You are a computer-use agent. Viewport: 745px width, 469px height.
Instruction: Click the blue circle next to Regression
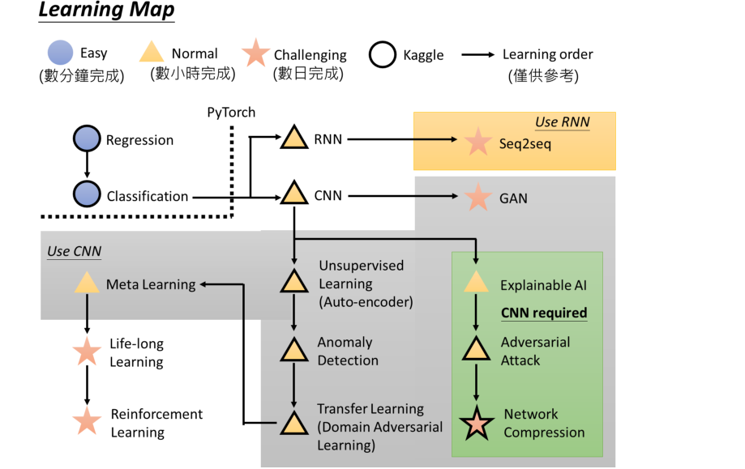[87, 139]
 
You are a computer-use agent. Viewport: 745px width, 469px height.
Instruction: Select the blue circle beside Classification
[87, 194]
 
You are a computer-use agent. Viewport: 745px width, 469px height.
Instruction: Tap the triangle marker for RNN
[294, 138]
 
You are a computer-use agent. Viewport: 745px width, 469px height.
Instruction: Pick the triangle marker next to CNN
[294, 194]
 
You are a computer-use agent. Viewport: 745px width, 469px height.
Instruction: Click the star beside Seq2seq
[477, 142]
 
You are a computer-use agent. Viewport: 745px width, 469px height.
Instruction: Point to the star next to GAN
[477, 197]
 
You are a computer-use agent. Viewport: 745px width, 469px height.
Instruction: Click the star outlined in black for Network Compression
[477, 423]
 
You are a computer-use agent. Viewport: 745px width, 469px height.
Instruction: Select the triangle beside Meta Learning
[87, 283]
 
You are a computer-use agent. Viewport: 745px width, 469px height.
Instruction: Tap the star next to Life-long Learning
[87, 352]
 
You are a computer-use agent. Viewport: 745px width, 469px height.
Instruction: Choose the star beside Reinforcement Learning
[87, 421]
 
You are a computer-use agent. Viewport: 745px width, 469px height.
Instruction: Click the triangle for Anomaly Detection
[294, 350]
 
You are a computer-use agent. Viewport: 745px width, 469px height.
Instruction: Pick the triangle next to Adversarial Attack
[476, 349]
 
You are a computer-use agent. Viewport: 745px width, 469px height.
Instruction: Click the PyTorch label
[231, 113]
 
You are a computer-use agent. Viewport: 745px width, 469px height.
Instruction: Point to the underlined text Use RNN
[563, 122]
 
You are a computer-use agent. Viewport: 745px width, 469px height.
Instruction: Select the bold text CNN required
[544, 313]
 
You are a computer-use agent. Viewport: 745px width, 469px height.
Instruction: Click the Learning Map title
[106, 11]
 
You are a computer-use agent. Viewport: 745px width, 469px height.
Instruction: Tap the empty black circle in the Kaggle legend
[383, 54]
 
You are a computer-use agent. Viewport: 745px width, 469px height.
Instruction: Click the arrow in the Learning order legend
[478, 54]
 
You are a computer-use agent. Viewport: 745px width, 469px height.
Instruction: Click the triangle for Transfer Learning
[294, 423]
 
